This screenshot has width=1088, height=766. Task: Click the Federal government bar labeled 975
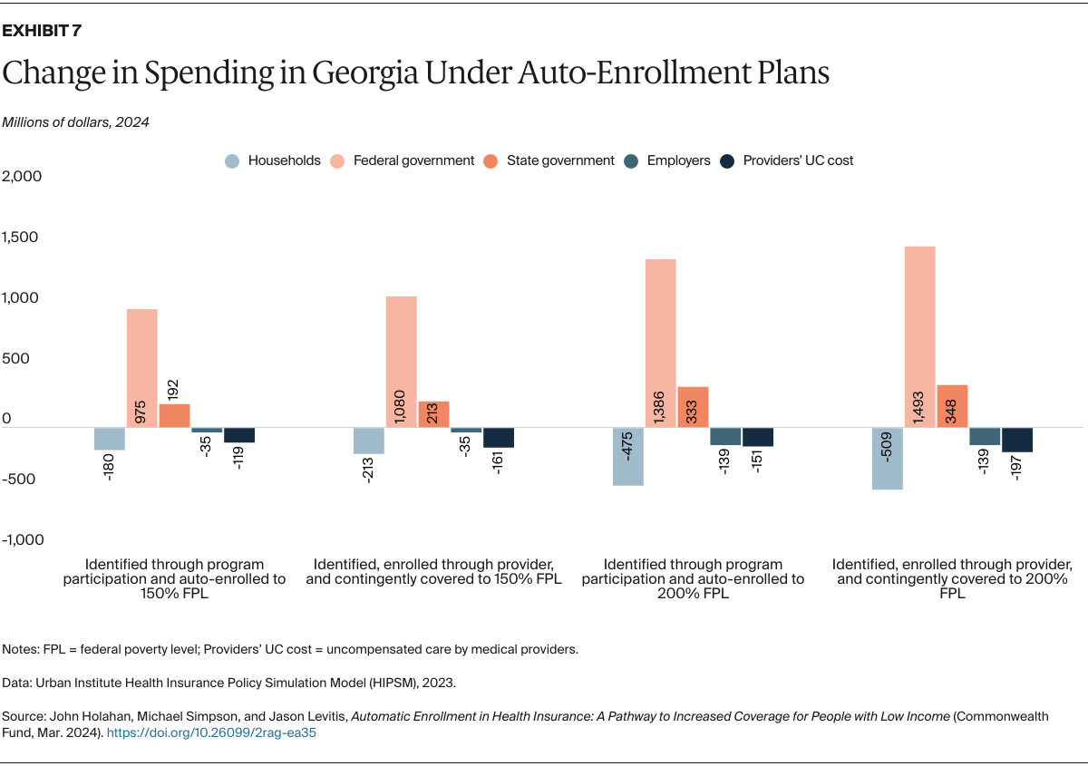(141, 367)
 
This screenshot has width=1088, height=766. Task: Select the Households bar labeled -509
(887, 458)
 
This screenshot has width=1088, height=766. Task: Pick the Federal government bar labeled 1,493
(919, 336)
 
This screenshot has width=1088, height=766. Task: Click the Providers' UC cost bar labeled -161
(498, 437)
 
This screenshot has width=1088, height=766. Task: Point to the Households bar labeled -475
(627, 456)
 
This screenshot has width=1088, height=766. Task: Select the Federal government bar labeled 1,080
(401, 361)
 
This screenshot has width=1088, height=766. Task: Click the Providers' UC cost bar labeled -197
(1016, 440)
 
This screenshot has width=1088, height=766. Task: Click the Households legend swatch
(233, 161)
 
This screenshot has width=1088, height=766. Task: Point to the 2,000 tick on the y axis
(23, 177)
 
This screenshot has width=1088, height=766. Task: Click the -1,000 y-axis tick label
(23, 539)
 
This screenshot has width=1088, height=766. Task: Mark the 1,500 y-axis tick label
(23, 238)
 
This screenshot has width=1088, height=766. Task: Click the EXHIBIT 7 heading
(42, 31)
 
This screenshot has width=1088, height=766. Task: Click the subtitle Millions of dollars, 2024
(75, 122)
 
